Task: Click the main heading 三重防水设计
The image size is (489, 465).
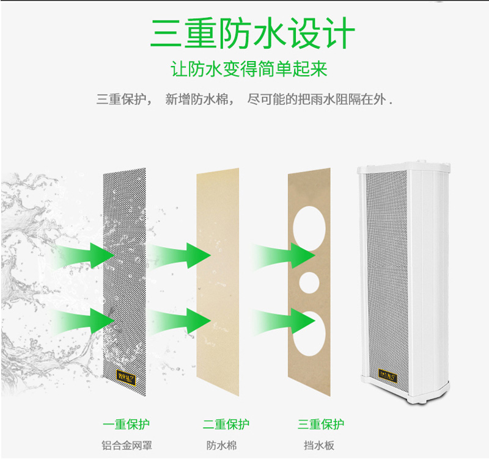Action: pos(252,35)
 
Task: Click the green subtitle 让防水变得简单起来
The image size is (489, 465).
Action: pos(249,68)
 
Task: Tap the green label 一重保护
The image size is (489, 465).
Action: pos(127,424)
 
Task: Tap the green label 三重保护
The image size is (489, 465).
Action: pos(321,424)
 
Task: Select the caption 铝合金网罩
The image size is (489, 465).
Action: pos(127,445)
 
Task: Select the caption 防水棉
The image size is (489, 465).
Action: pos(221,445)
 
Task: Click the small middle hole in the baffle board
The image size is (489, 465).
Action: pos(309,282)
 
